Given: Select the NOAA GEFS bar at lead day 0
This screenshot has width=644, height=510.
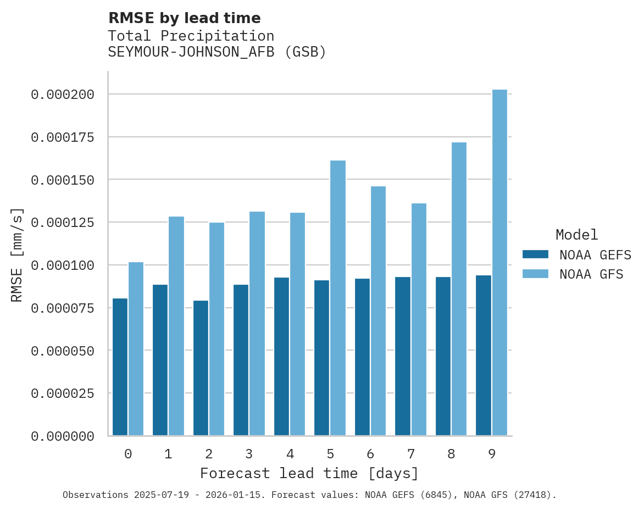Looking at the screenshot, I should [120, 367].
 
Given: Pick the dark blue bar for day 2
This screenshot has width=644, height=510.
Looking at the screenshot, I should [201, 368].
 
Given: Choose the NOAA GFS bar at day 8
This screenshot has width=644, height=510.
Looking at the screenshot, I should [459, 289].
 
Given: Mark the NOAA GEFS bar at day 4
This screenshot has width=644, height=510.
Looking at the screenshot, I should [281, 357].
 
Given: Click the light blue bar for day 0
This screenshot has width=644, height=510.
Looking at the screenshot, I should [136, 349].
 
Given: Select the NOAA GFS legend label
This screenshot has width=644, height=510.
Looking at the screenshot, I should [591, 274].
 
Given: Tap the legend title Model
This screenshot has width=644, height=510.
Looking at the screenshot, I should [576, 235].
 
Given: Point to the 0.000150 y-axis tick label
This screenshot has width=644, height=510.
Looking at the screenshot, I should [63, 180].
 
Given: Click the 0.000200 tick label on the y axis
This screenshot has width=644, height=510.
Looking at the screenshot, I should [63, 95].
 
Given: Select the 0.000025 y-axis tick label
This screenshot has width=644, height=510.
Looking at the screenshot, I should [63, 393].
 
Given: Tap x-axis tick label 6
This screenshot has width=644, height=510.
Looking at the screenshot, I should [370, 454].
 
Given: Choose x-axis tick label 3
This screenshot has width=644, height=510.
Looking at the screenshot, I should [249, 454].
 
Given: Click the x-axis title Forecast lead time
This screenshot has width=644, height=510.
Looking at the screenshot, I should [309, 473].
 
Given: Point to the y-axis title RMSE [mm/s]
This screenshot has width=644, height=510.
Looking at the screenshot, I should [17, 254].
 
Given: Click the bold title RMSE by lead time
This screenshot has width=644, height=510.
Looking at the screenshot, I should [184, 18].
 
